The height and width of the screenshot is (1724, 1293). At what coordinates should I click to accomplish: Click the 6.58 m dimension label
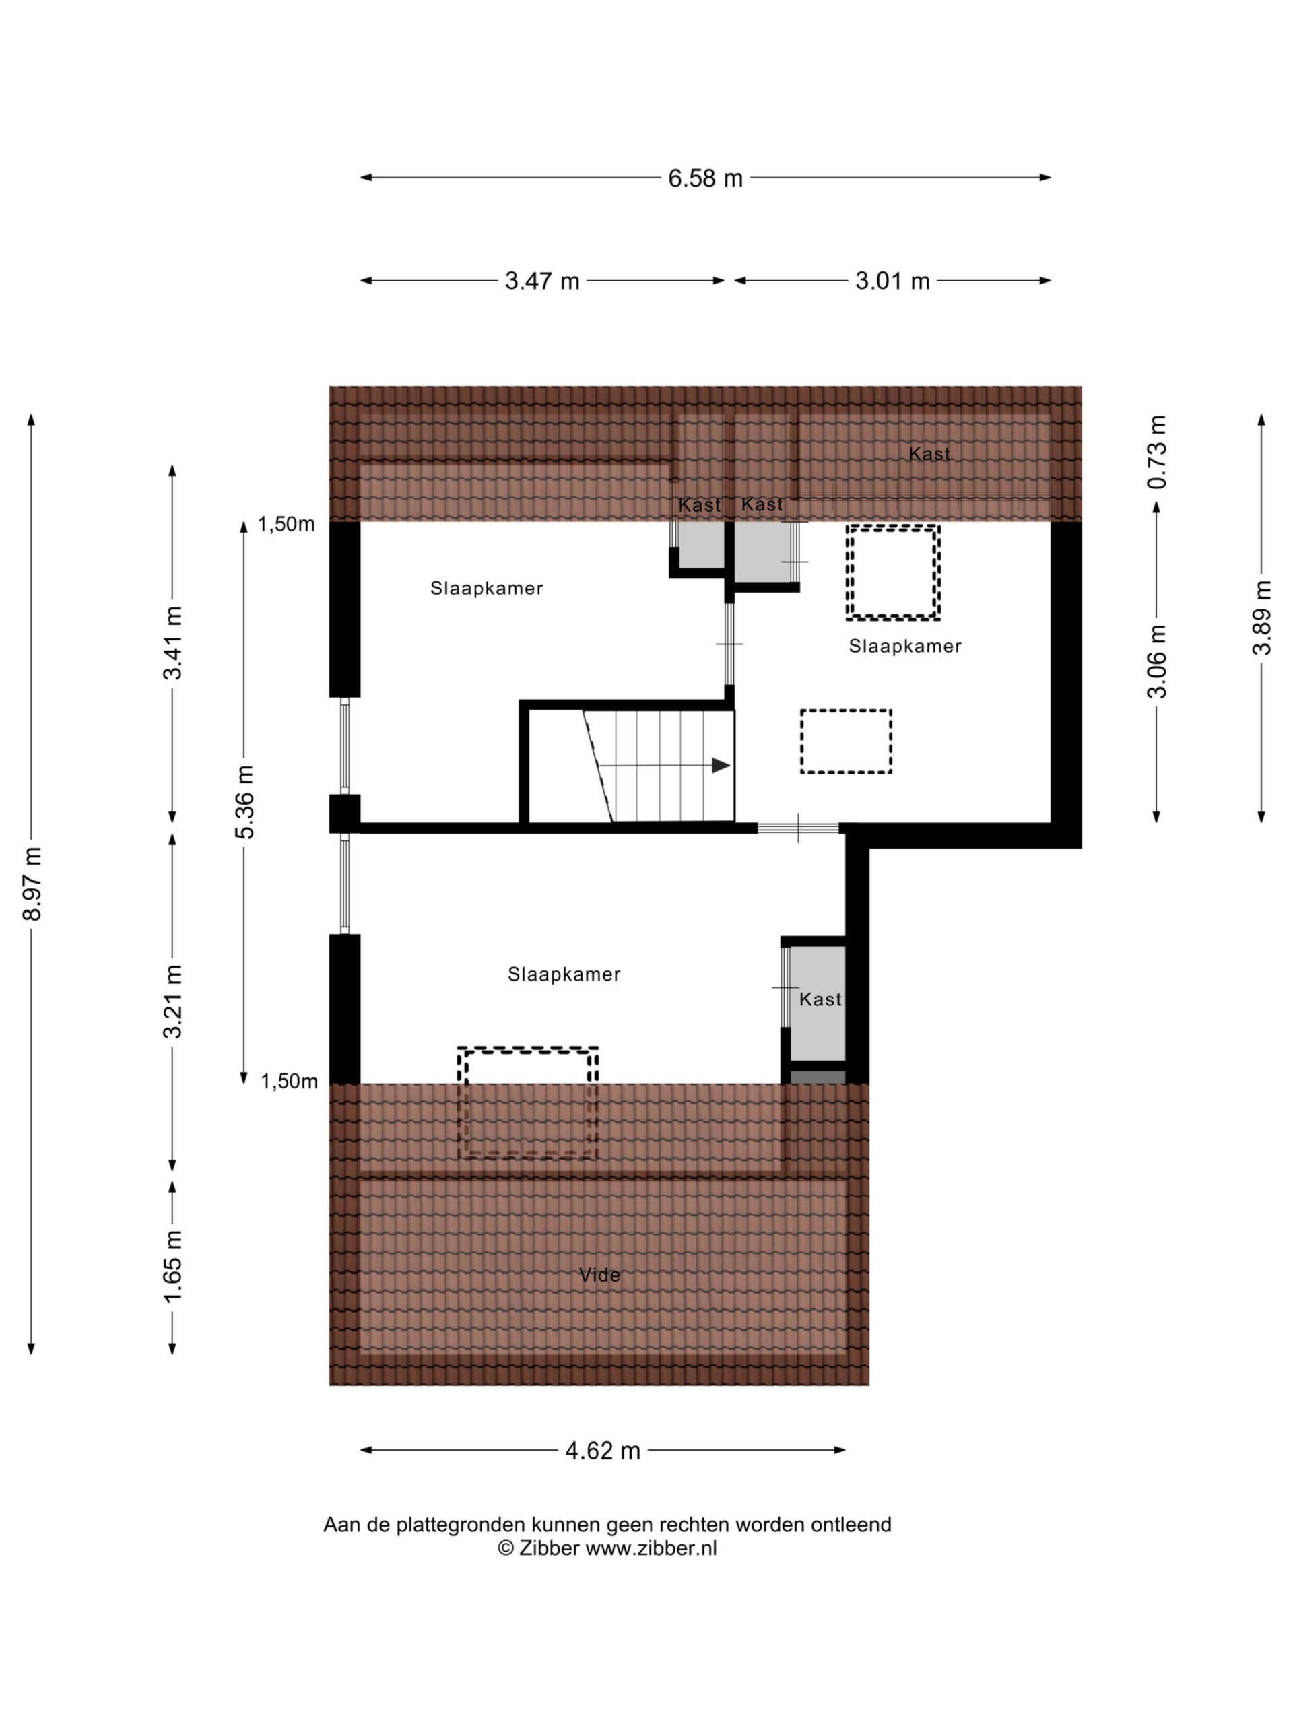click(x=704, y=178)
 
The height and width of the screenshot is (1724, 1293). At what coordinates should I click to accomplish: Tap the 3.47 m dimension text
click(x=541, y=281)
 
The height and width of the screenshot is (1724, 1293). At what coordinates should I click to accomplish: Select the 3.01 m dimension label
click(x=892, y=281)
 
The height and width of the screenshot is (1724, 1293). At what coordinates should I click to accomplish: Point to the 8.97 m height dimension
click(x=33, y=883)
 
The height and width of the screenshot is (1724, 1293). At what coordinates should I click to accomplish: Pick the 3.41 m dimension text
click(x=172, y=643)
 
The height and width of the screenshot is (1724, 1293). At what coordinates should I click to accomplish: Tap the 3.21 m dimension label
click(x=172, y=1001)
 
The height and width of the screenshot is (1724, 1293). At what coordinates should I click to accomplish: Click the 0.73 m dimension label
click(x=1156, y=451)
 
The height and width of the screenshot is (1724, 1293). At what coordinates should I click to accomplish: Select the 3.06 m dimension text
click(x=1156, y=661)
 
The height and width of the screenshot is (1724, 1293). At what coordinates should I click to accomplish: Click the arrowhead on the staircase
click(x=721, y=765)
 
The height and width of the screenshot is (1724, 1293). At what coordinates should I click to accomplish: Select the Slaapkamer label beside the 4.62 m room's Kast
click(x=564, y=974)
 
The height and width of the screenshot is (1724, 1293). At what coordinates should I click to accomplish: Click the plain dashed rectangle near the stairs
click(x=846, y=741)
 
